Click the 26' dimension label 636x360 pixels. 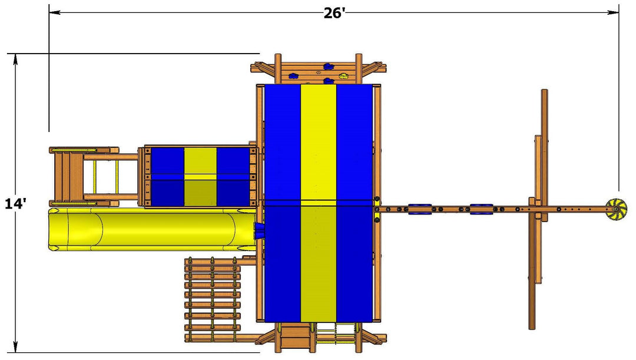pos(334,13)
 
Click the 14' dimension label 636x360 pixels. pos(16,203)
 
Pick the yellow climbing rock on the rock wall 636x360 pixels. pos(343,75)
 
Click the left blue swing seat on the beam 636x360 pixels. pos(420,209)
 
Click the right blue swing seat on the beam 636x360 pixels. pos(482,209)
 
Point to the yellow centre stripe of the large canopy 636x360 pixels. pos(319,203)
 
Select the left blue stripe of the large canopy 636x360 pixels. pos(282,203)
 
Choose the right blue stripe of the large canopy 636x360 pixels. pos(355,203)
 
